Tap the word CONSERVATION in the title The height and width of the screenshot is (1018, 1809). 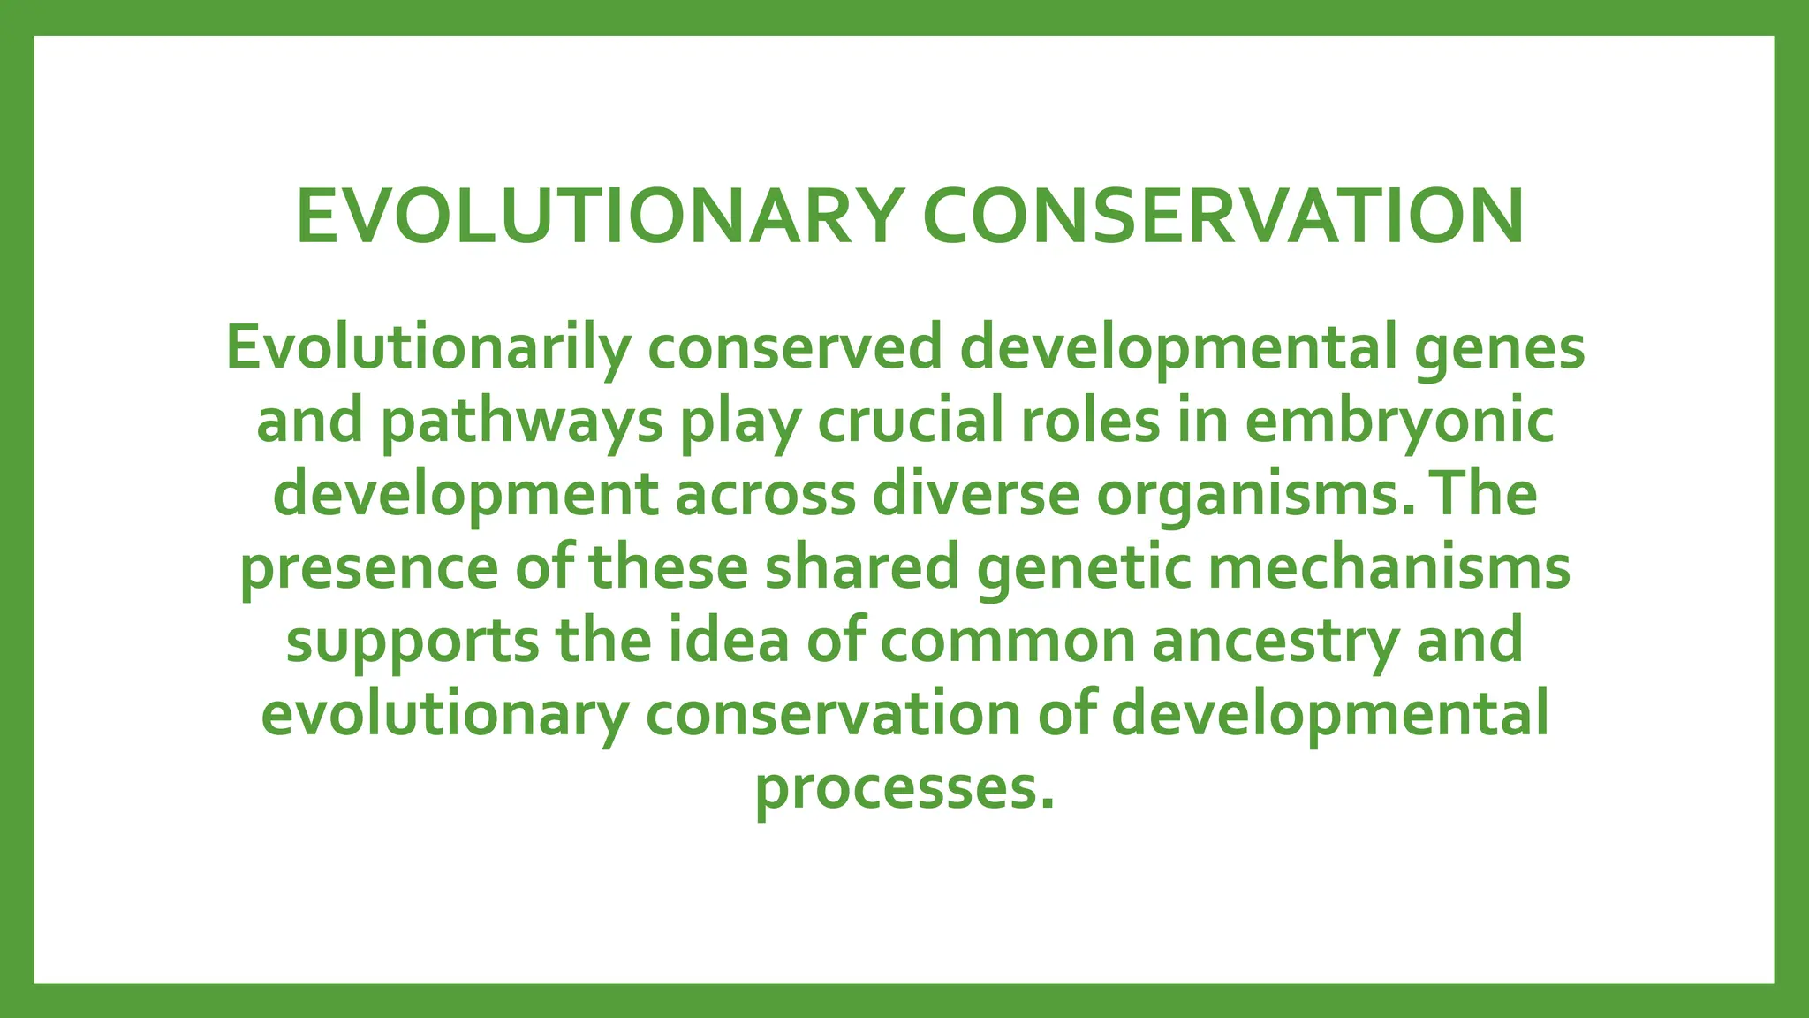(1222, 217)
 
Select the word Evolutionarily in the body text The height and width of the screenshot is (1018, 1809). (428, 348)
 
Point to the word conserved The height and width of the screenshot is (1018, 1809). (795, 348)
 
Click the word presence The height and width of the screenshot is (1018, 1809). (369, 568)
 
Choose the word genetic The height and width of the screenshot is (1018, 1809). (1084, 568)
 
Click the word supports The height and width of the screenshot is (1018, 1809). (412, 642)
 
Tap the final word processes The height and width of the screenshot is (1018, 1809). (904, 788)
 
